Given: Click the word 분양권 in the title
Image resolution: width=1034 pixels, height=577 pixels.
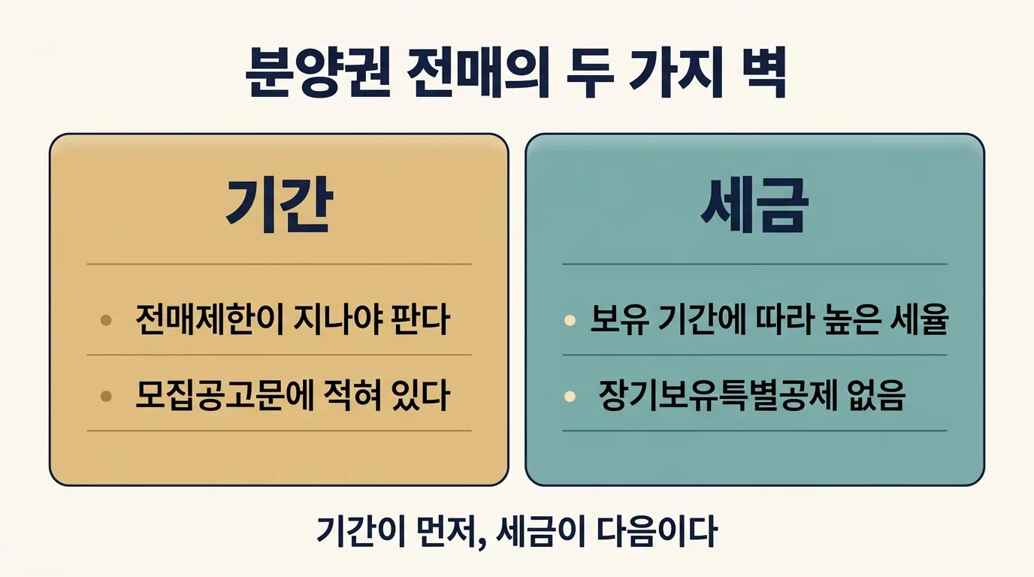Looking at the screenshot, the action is (318, 72).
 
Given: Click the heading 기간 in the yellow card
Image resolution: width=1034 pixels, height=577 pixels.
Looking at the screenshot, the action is (280, 205).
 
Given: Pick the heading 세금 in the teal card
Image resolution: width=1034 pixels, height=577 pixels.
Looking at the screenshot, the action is (754, 205).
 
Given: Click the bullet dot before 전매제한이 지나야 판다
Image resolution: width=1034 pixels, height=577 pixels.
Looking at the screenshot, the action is (106, 320).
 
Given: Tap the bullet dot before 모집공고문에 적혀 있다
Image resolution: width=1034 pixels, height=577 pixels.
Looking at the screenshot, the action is (106, 396).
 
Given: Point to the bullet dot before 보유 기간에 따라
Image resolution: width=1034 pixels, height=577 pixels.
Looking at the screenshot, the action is (570, 320).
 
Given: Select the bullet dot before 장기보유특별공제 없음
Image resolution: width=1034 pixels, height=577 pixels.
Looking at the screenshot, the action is (570, 396).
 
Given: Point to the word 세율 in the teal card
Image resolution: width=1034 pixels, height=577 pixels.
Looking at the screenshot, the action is (919, 319).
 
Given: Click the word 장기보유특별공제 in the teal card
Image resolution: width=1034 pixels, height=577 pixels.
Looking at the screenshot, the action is (718, 396).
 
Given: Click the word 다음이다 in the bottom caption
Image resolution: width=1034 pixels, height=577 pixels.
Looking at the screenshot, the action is (657, 531).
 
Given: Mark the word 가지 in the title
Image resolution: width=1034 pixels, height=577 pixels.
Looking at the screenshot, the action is (676, 72).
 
